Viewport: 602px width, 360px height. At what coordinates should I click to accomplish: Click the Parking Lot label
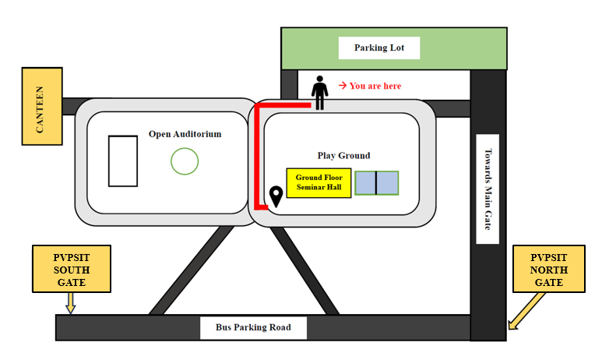coord(379,48)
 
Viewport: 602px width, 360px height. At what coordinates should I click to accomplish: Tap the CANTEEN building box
coord(42,107)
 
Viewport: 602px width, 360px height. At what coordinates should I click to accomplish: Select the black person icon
coord(319,93)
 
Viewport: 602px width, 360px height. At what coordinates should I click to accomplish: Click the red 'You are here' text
coord(375,86)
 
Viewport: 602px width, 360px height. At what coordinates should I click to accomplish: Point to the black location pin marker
coord(276,196)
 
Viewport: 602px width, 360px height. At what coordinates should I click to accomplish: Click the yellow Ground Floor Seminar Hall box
coord(319,183)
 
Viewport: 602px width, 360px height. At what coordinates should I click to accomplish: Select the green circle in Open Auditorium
coord(185,161)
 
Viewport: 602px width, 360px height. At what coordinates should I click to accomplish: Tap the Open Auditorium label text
coord(185,134)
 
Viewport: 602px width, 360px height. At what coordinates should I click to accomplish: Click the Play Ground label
coord(343,156)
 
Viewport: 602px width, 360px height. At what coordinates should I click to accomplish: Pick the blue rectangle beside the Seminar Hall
coord(377,183)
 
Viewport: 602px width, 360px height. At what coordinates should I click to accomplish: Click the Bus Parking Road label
coord(253,327)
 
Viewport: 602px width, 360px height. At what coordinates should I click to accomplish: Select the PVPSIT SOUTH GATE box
coord(72,269)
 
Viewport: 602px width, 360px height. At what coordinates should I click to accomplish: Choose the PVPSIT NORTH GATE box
coord(548,269)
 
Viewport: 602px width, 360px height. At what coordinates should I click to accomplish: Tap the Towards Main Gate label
coord(488,189)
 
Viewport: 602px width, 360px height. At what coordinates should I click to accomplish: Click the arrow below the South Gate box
coord(71,303)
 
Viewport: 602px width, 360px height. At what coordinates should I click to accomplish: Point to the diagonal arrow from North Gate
coord(526,311)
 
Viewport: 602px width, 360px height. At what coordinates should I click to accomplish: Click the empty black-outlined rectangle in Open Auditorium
coord(123,161)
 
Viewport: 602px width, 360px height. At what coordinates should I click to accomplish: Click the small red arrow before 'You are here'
coord(343,85)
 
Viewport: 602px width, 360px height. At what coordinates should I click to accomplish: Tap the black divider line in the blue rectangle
coord(376,183)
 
